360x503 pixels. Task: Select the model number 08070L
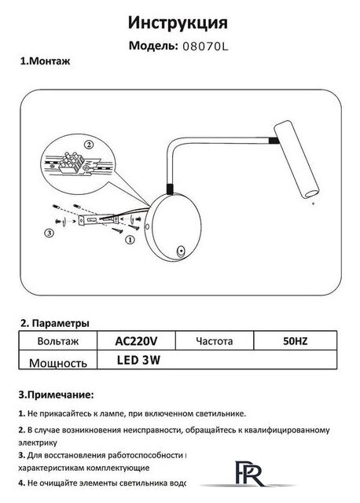pos(205,47)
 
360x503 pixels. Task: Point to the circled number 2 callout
pos(88,145)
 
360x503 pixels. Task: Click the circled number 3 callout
pos(49,233)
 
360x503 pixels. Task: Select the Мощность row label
pos(57,363)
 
